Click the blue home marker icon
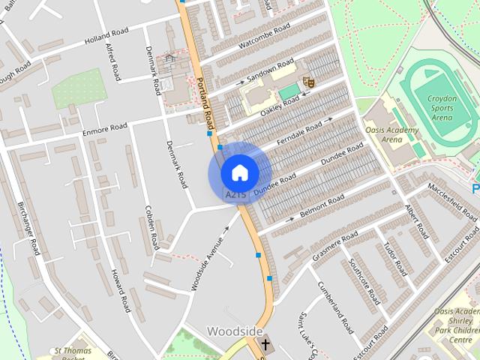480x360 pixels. [239, 172]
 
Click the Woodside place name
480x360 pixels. [235, 331]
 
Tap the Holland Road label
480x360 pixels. [106, 36]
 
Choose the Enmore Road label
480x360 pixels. [104, 133]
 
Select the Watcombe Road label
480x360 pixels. [264, 35]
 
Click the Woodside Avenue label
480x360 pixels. [206, 256]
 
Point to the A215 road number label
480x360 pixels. [235, 194]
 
